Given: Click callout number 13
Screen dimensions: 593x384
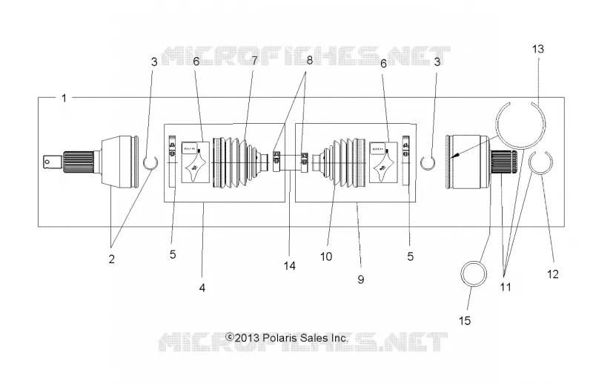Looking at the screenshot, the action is coord(538,49).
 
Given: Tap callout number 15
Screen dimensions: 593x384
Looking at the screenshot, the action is coord(465,321).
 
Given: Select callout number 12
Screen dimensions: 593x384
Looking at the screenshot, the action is coord(552,274).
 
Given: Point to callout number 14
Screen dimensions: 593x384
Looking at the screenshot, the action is coord(290,266).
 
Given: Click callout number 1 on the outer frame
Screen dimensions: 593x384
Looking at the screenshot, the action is coord(64,99).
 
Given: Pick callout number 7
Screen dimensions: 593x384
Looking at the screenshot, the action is coord(254,60).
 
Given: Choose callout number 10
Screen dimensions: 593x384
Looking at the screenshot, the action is coord(326,256).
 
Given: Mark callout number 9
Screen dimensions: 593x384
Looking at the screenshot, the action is coord(361,279).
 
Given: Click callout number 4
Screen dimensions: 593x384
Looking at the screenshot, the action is coord(202,288).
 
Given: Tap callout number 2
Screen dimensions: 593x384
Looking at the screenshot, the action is coord(112,259).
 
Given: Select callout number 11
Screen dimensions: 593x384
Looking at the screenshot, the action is coord(506,287).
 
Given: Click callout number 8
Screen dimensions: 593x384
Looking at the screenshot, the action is coord(309,60).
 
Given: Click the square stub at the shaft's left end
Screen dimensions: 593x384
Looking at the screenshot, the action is coord(52,162).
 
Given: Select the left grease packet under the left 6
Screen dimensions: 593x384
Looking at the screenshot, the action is coord(196,162).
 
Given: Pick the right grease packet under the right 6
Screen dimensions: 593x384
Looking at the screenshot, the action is coord(383,162).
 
